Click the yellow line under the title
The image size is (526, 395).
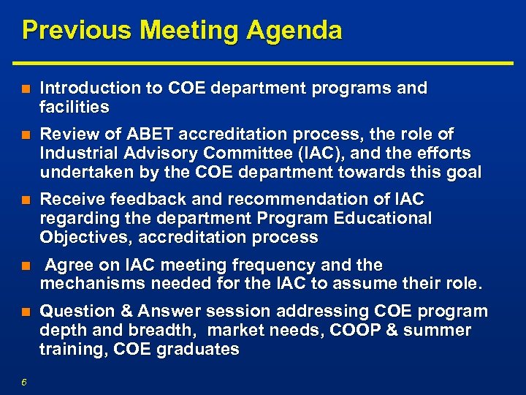(263, 61)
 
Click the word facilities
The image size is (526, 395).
(75, 108)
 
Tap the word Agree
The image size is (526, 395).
(66, 265)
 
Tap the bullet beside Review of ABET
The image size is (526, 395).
(26, 135)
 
